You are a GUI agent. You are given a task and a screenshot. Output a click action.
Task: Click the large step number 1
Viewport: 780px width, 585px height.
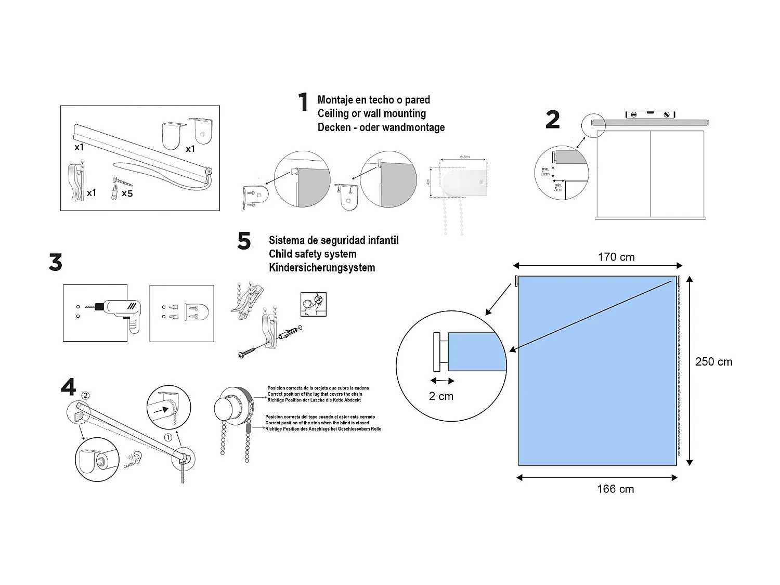pyautogui.click(x=303, y=102)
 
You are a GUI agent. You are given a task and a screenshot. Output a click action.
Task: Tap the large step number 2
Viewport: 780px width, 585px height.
pyautogui.click(x=552, y=120)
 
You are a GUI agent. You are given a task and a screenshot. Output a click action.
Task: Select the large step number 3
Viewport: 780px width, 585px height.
pyautogui.click(x=55, y=263)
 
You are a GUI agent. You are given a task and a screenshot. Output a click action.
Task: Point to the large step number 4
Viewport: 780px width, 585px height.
pyautogui.click(x=68, y=387)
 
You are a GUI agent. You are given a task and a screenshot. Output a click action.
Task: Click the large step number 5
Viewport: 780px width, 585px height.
pyautogui.click(x=244, y=241)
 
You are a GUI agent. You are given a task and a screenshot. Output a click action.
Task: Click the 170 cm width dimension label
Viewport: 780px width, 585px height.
pyautogui.click(x=616, y=257)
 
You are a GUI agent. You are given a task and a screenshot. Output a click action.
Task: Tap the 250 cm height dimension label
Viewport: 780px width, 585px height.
pyautogui.click(x=713, y=362)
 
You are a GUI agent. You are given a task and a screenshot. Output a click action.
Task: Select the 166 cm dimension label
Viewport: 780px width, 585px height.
pyautogui.click(x=615, y=489)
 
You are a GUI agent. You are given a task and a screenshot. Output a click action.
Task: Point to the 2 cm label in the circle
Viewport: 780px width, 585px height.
pyautogui.click(x=441, y=396)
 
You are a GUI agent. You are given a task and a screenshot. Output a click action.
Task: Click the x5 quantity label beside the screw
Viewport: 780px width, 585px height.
pyautogui.click(x=127, y=193)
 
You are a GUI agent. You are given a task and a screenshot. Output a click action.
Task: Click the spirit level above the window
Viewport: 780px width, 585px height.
pyautogui.click(x=650, y=115)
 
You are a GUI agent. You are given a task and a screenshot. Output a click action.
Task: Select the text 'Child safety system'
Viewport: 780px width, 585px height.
pyautogui.click(x=313, y=254)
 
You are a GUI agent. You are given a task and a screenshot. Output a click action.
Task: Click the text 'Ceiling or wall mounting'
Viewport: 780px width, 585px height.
pyautogui.click(x=371, y=113)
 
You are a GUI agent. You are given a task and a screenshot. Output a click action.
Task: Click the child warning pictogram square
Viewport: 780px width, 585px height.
pyautogui.click(x=313, y=304)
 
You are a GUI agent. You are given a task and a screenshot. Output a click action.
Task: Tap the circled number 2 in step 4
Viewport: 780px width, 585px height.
pyautogui.click(x=86, y=396)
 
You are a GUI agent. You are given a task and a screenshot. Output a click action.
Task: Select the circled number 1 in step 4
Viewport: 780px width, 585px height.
pyautogui.click(x=168, y=438)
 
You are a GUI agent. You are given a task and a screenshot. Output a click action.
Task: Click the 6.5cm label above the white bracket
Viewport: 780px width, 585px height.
pyautogui.click(x=464, y=157)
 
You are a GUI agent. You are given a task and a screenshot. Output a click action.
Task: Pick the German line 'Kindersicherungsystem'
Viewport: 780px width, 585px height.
pyautogui.click(x=322, y=268)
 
